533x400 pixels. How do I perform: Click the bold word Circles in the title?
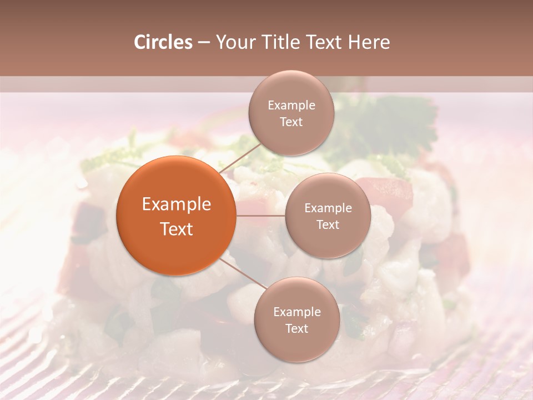(163, 42)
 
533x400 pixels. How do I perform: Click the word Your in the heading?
(233, 42)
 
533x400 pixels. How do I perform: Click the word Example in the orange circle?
(177, 204)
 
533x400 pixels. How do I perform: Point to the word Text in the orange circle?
(177, 229)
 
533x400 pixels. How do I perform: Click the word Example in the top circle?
(291, 106)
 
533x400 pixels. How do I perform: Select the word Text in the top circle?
(291, 122)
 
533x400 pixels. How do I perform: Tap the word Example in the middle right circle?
(328, 208)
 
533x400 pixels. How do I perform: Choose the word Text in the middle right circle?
(328, 224)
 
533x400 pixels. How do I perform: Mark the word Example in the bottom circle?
(297, 312)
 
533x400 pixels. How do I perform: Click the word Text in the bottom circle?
(296, 328)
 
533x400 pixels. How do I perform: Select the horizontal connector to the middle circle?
(261, 216)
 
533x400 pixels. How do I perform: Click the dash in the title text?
(204, 43)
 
